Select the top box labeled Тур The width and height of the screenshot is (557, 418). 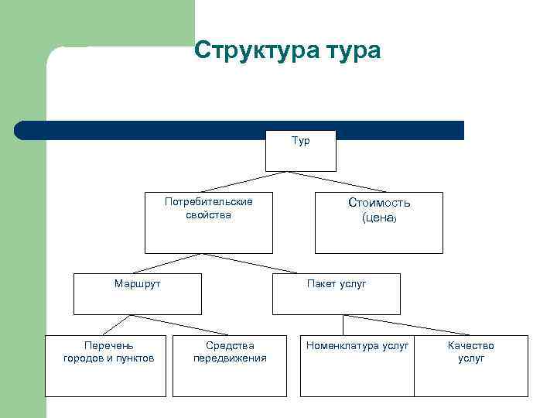pos(301,150)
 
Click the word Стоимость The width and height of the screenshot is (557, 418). pos(379,203)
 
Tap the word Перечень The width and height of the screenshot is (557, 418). pos(109,346)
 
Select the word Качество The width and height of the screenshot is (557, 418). pos(470,346)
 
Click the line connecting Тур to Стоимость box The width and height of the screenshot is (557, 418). pos(337,182)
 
